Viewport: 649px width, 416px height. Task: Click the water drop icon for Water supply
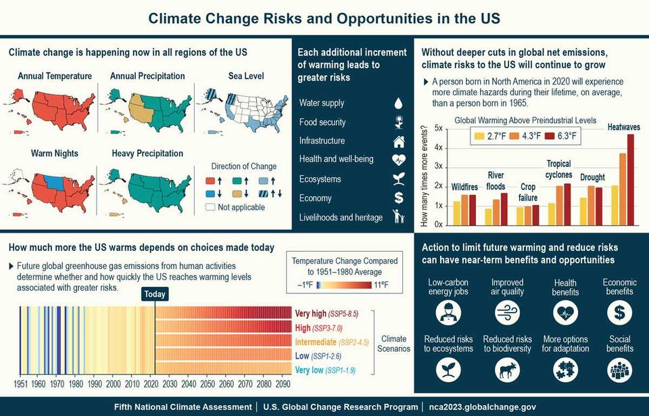click(398, 103)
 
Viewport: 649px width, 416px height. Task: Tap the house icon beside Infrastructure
click(398, 141)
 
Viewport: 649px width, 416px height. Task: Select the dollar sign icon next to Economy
click(398, 198)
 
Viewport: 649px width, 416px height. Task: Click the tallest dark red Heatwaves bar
click(631, 179)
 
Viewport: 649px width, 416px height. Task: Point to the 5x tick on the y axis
click(438, 129)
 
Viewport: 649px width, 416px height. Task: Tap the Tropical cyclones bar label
click(558, 168)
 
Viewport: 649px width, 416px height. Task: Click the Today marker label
click(155, 294)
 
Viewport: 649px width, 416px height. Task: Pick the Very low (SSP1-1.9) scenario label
click(325, 370)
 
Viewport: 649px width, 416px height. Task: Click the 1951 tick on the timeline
click(22, 384)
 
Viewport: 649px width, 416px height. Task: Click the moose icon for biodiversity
click(507, 369)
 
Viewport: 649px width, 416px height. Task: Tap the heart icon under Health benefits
click(565, 312)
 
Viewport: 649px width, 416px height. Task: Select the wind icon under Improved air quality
click(507, 312)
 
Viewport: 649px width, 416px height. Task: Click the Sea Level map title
click(245, 76)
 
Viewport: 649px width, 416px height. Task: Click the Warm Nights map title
click(55, 154)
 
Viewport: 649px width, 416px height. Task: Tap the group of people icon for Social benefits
click(619, 369)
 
